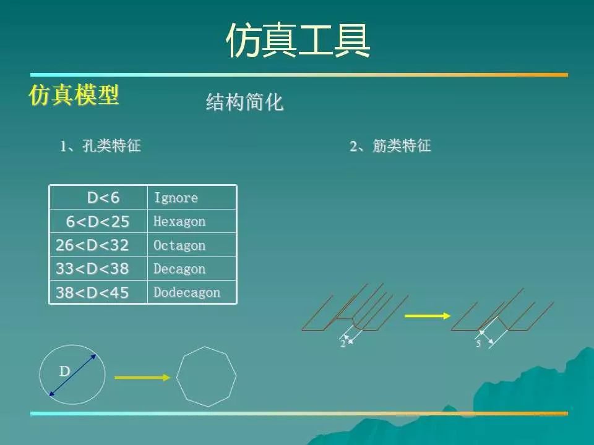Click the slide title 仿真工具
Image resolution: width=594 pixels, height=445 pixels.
(x=298, y=40)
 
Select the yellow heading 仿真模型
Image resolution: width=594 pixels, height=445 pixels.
(x=74, y=95)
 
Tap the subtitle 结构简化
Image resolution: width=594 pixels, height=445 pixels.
(x=245, y=102)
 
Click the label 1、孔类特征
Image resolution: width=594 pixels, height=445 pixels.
(x=100, y=146)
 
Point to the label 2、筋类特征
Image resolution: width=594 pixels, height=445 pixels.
(x=390, y=146)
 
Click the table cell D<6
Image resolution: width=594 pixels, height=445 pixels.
(x=98, y=198)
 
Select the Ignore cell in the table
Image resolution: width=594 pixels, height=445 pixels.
(x=192, y=198)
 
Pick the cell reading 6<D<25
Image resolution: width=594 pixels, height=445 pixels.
(x=98, y=221)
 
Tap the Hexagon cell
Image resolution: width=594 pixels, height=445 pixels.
(x=192, y=221)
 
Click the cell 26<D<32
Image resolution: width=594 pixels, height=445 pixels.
(x=98, y=245)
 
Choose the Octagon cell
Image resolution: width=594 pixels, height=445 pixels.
(x=192, y=245)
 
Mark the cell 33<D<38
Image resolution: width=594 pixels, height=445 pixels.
(x=98, y=269)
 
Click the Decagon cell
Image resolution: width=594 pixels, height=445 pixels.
(x=192, y=269)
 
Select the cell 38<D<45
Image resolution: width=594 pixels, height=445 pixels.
(x=98, y=292)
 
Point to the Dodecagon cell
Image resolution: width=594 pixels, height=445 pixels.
(x=192, y=292)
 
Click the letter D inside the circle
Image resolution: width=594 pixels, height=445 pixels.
(x=65, y=371)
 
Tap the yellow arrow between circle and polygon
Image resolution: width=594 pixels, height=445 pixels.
(x=142, y=377)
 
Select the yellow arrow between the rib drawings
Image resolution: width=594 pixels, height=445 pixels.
(x=428, y=316)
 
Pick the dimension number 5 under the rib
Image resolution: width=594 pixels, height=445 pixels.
(x=478, y=343)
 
